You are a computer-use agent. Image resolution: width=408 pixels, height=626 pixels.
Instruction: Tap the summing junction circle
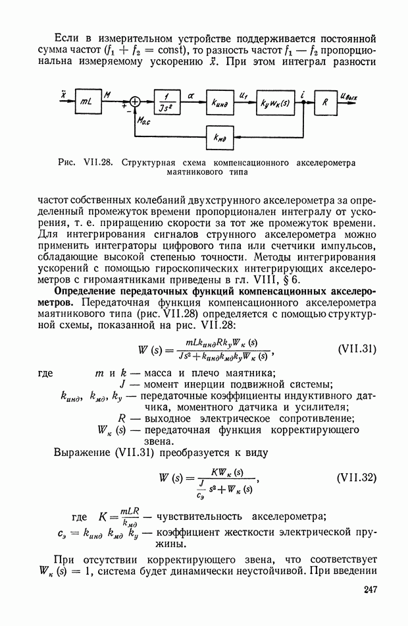click(x=136, y=101)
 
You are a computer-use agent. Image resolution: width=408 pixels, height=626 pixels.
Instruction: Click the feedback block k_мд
click(x=220, y=137)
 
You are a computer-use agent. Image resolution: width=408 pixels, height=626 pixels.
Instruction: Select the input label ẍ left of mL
click(x=63, y=94)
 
